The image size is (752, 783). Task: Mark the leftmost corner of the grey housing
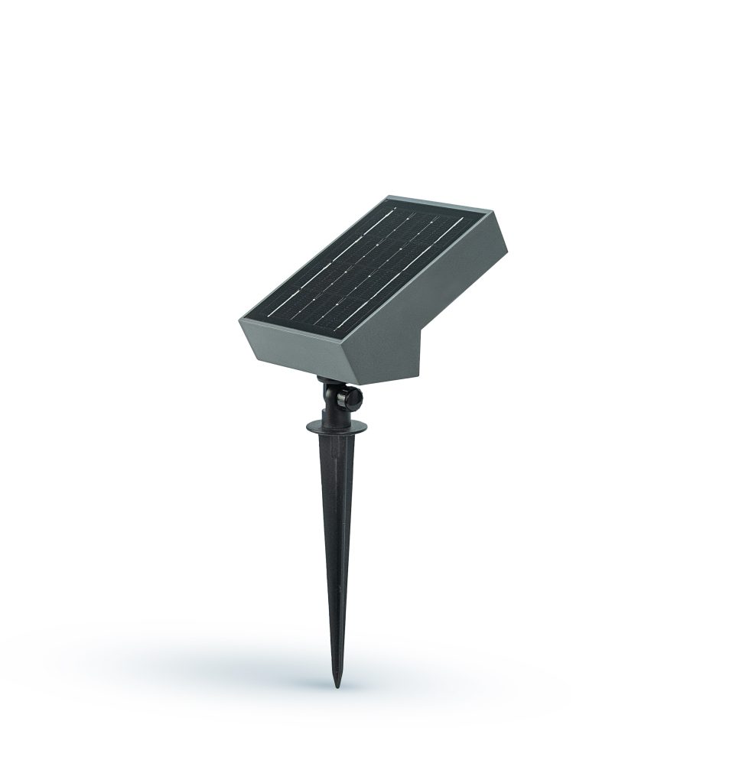pyautogui.click(x=238, y=320)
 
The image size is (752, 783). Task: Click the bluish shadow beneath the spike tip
pyautogui.click(x=321, y=673)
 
